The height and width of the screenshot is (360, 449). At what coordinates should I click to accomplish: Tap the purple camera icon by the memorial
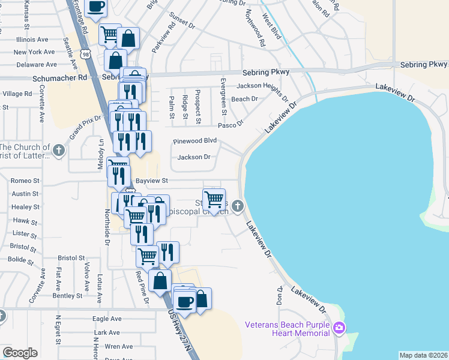339,328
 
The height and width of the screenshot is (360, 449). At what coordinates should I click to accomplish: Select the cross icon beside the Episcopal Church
238,206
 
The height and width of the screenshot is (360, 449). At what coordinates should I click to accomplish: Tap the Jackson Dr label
194,157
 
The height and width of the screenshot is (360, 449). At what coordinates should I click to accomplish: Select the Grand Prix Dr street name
85,128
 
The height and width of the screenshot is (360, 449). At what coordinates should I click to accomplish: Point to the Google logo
20,353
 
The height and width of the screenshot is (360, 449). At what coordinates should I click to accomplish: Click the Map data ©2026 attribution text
423,355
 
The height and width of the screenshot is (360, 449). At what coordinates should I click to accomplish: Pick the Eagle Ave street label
107,319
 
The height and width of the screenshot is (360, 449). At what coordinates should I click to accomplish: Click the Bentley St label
67,296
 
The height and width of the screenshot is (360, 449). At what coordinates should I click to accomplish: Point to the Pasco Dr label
231,124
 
